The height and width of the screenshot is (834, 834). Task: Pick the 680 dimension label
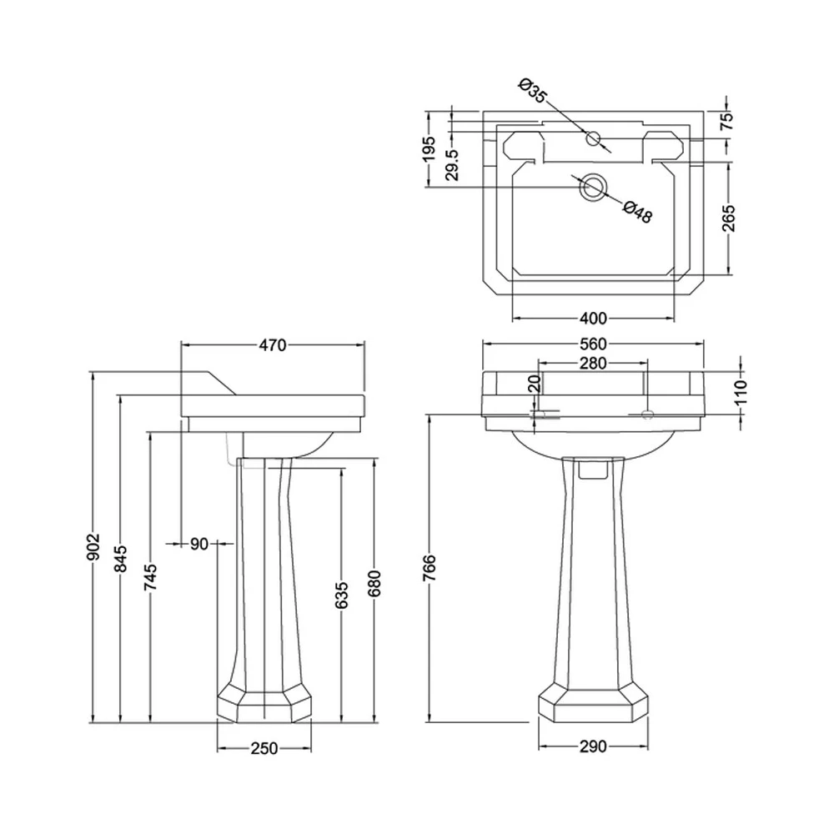pos(374,584)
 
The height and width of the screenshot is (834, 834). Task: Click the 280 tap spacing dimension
pos(592,363)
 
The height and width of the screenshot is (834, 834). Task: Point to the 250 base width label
pos(264,748)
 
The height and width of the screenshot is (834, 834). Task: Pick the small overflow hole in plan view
pos(593,138)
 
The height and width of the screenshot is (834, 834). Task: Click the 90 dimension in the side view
pos(198,544)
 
